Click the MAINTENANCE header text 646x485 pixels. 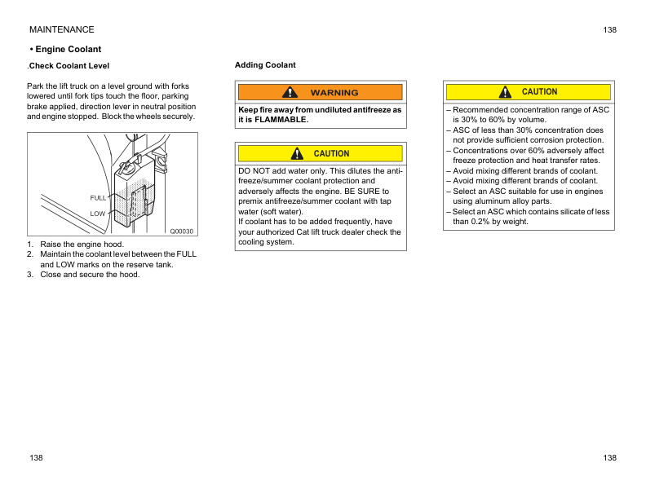pyautogui.click(x=61, y=30)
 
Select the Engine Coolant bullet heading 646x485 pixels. pyautogui.click(x=65, y=50)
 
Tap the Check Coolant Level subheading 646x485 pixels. pyautogui.click(x=69, y=66)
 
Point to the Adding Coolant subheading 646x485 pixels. pyautogui.click(x=265, y=65)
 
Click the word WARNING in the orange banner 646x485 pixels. pyautogui.click(x=334, y=93)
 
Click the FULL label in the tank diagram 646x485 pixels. pyautogui.click(x=98, y=198)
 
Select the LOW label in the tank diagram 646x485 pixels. pyautogui.click(x=98, y=214)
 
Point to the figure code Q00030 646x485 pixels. pyautogui.click(x=181, y=231)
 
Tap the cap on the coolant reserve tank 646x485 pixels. pyautogui.click(x=126, y=170)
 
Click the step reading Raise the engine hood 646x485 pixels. pyautogui.click(x=82, y=245)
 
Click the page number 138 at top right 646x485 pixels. pyautogui.click(x=610, y=30)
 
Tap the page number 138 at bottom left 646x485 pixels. pyautogui.click(x=36, y=458)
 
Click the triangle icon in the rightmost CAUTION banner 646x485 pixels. pyautogui.click(x=506, y=92)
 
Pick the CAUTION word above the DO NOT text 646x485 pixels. pyautogui.click(x=331, y=154)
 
